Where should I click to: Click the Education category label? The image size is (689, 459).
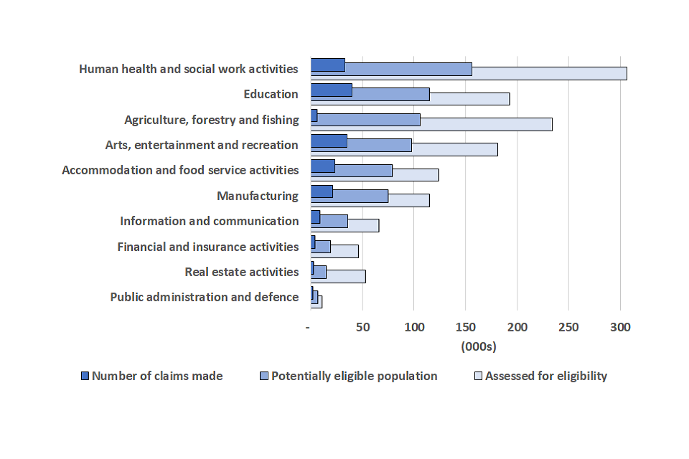(271, 94)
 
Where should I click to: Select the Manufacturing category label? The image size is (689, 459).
(258, 196)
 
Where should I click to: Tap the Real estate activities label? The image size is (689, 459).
(241, 272)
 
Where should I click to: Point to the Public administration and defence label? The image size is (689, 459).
(204, 297)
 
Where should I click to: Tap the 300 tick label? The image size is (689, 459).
(620, 328)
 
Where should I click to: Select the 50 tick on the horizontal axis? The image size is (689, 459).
(363, 328)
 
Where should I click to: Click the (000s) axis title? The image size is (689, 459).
(478, 347)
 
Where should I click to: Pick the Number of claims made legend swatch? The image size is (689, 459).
(85, 376)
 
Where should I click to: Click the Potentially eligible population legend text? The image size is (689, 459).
(354, 376)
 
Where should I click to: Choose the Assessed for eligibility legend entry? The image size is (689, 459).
(546, 376)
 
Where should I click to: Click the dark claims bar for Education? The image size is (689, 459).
(331, 90)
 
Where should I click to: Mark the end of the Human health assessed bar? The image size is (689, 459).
(626, 73)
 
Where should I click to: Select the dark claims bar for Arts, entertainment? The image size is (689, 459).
(329, 141)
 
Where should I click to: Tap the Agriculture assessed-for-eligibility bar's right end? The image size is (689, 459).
(551, 124)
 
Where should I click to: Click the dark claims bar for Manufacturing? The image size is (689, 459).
(322, 191)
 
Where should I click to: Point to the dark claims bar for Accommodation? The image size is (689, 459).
(323, 166)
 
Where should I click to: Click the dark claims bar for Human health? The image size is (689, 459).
(327, 65)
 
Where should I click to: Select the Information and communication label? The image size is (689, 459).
(209, 221)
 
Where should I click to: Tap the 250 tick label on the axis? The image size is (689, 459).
(568, 328)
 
